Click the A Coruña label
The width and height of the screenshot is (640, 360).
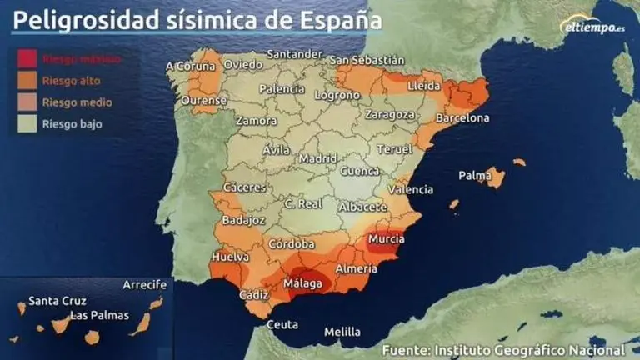tap(192, 66)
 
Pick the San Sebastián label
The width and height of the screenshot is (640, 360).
tap(367, 60)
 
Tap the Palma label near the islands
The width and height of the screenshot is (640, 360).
tap(474, 176)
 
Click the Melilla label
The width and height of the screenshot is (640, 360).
tap(342, 331)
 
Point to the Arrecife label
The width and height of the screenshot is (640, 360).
tap(144, 284)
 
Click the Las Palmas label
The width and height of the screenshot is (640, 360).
tap(99, 315)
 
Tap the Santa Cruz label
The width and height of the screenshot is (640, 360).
tap(57, 301)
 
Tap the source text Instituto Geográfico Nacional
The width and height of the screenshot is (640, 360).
tap(528, 349)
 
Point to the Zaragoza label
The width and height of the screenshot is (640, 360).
tap(389, 114)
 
